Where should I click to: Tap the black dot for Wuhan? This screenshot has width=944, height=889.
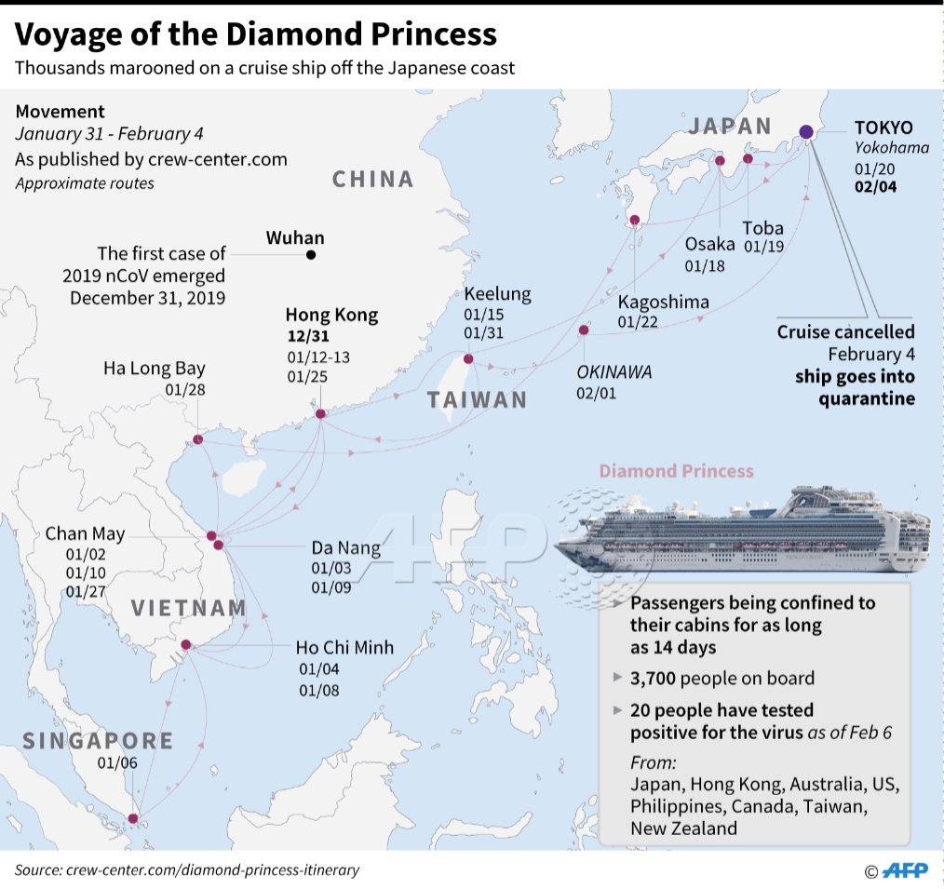pos(311,254)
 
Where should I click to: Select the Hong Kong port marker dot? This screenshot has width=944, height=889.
pos(320,414)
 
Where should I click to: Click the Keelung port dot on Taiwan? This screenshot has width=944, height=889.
pos(468,358)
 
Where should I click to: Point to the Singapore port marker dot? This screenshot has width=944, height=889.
pos(132,819)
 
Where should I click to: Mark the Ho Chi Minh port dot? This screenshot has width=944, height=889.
pos(186,644)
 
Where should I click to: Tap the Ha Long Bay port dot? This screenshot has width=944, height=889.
pos(198,439)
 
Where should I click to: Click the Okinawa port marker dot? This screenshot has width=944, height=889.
pos(584,330)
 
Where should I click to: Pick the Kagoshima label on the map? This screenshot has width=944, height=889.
pos(663,302)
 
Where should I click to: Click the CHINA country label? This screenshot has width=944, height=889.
pos(372,179)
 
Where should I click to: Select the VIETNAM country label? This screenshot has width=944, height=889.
pos(188,609)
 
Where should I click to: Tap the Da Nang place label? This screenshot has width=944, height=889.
pos(345,547)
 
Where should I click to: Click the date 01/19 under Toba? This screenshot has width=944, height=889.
pos(762,247)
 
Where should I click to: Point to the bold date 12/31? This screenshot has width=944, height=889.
pos(308,336)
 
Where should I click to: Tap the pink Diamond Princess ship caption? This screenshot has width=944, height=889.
pos(676,471)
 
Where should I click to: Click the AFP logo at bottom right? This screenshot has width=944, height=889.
pos(906,870)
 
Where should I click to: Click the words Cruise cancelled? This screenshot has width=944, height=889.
pos(845,332)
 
